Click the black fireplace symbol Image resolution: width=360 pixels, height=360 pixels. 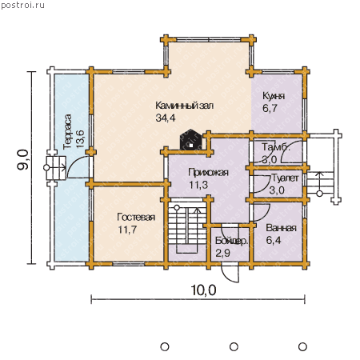pyautogui.click(x=190, y=140)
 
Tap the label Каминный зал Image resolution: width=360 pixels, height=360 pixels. pyautogui.click(x=185, y=106)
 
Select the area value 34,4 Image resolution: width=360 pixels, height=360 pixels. pyautogui.click(x=166, y=118)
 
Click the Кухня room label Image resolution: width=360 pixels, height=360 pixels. pyautogui.click(x=274, y=96)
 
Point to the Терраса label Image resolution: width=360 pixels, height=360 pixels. pyautogui.click(x=68, y=131)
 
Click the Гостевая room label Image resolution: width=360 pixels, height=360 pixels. pyautogui.click(x=136, y=217)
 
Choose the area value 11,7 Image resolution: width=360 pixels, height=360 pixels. pyautogui.click(x=127, y=230)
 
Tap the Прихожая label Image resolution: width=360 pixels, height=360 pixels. pyautogui.click(x=208, y=173)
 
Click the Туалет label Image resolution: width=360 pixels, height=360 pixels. pyautogui.click(x=285, y=178)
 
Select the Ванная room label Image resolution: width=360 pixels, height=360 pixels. pyautogui.click(x=282, y=228)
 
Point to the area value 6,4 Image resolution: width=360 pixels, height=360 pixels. pyautogui.click(x=274, y=240)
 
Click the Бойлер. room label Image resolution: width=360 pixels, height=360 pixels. pyautogui.click(x=231, y=241)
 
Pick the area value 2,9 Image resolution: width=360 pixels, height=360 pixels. pyautogui.click(x=222, y=253)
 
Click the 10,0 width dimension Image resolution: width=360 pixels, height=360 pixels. pyautogui.click(x=203, y=290)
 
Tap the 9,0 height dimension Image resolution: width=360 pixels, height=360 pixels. pyautogui.click(x=22, y=160)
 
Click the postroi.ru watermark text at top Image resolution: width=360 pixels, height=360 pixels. pyautogui.click(x=22, y=6)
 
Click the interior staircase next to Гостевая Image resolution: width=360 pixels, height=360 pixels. pyautogui.click(x=187, y=226)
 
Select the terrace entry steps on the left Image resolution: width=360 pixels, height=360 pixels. pyautogui.click(x=56, y=168)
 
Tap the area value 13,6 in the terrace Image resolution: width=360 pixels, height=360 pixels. pyautogui.click(x=80, y=138)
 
